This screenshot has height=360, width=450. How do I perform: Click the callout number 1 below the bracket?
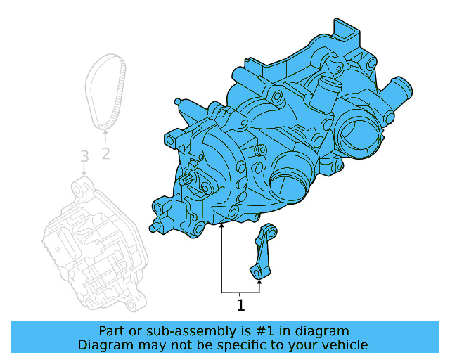click(x=240, y=306)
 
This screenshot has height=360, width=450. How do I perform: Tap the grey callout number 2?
click(x=105, y=153)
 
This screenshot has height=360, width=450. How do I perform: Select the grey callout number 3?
click(x=84, y=155)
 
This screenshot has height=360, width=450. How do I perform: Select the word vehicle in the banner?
click(x=344, y=345)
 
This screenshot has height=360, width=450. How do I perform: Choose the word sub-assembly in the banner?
click(x=186, y=331)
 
